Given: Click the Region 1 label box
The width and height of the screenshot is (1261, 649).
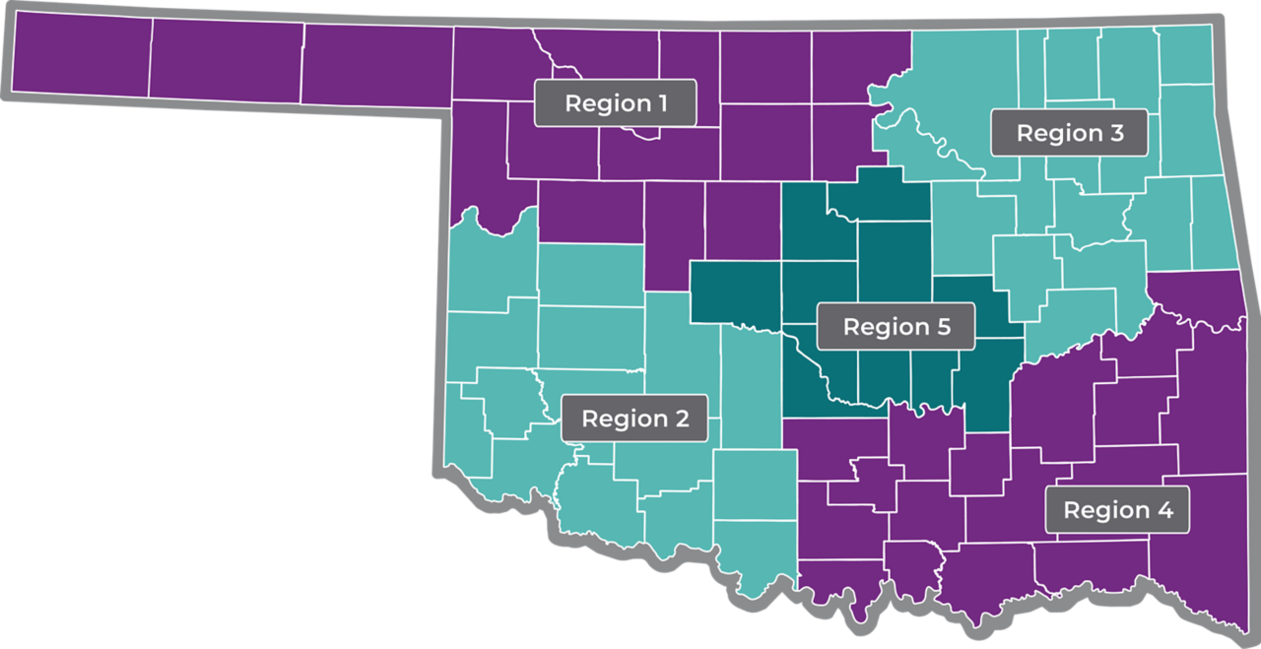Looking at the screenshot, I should (x=616, y=102).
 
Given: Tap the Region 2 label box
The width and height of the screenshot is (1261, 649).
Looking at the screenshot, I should (x=634, y=418).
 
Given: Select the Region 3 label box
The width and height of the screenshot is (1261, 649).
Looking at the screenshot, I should (x=1069, y=132).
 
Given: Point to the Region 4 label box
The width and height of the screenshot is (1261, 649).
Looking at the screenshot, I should (x=1117, y=509).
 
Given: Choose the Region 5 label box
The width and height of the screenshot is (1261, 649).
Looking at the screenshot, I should (x=896, y=326).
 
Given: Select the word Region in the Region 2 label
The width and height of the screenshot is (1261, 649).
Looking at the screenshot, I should (x=625, y=419).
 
